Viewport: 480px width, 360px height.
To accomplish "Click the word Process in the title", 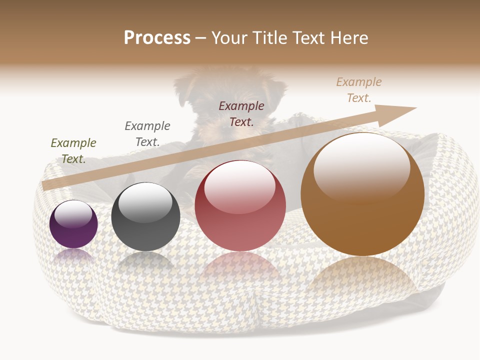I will [157, 38].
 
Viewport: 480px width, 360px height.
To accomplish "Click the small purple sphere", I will [73, 224].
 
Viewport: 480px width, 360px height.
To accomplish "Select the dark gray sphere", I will [145, 216].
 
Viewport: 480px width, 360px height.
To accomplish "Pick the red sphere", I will [240, 205].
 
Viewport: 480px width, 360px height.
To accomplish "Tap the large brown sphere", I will [362, 194].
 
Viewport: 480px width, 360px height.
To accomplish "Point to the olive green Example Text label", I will [73, 150].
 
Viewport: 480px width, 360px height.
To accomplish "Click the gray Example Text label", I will [147, 133].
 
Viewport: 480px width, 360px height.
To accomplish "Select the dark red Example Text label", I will [241, 113].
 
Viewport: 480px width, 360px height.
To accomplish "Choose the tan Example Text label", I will [359, 90].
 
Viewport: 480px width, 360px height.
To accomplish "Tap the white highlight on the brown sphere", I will [361, 165].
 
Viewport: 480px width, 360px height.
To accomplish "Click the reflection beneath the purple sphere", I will [73, 256].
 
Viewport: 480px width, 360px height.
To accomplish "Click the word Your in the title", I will [229, 38].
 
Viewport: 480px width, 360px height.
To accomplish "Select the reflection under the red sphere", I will [240, 267].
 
